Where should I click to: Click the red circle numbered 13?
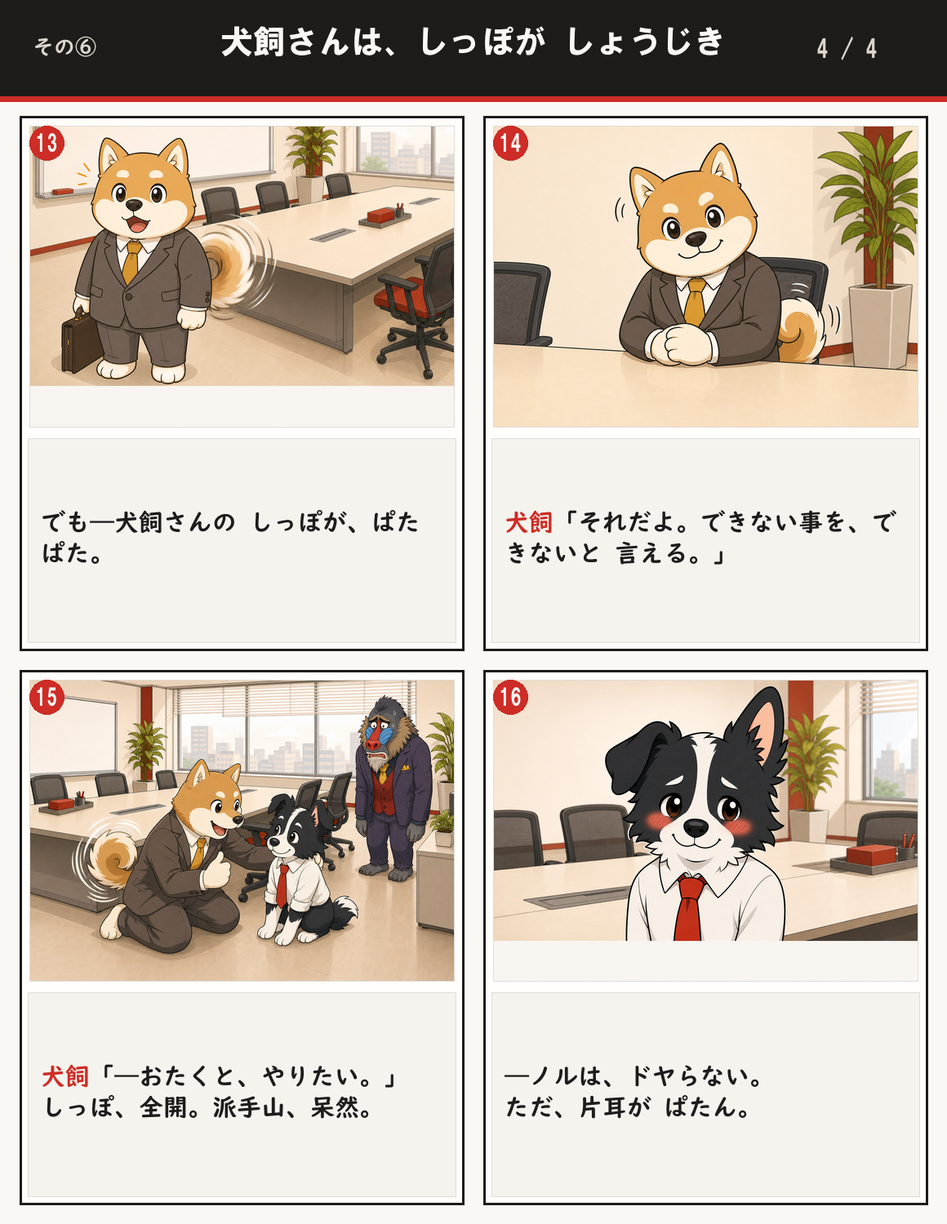click(47, 143)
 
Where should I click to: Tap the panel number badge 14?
click(510, 143)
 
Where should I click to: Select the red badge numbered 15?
click(47, 698)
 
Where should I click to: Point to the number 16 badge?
click(510, 698)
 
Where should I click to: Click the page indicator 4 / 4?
click(847, 48)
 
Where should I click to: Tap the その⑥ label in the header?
click(65, 47)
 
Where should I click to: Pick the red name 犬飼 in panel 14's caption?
click(529, 522)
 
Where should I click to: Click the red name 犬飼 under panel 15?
click(65, 1076)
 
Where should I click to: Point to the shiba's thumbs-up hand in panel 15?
click(216, 870)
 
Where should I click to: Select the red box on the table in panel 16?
click(871, 855)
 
